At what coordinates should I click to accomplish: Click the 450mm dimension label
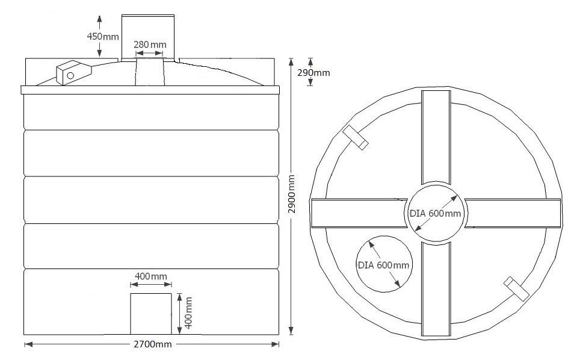point(103,36)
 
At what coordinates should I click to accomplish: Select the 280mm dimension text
point(150,45)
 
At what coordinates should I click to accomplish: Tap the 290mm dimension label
point(313,73)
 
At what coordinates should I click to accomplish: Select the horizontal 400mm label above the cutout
point(151,276)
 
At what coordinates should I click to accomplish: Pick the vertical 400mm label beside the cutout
point(188,312)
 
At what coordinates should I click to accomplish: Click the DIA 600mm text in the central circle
point(436,214)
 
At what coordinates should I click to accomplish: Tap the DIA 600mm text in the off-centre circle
point(383,265)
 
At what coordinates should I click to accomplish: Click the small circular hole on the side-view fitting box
point(70,75)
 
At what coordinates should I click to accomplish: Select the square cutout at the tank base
point(151,314)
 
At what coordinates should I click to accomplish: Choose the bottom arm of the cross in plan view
point(436,288)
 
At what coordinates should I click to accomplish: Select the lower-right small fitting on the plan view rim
point(516,288)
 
